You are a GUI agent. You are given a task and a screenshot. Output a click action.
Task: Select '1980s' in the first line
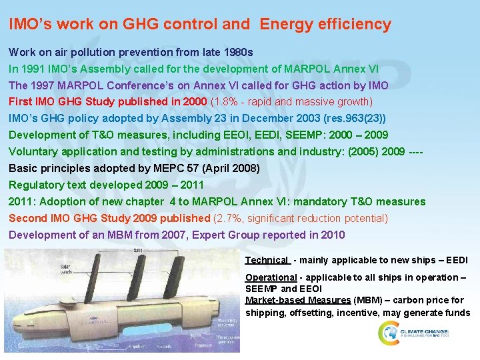point(237,52)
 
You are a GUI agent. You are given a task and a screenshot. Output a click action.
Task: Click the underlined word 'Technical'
point(267,260)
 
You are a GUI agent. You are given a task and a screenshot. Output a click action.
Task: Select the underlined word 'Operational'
point(271,277)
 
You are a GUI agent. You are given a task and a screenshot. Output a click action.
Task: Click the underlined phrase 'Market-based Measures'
point(298,301)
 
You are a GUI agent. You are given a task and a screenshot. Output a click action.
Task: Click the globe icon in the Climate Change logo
point(389,333)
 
